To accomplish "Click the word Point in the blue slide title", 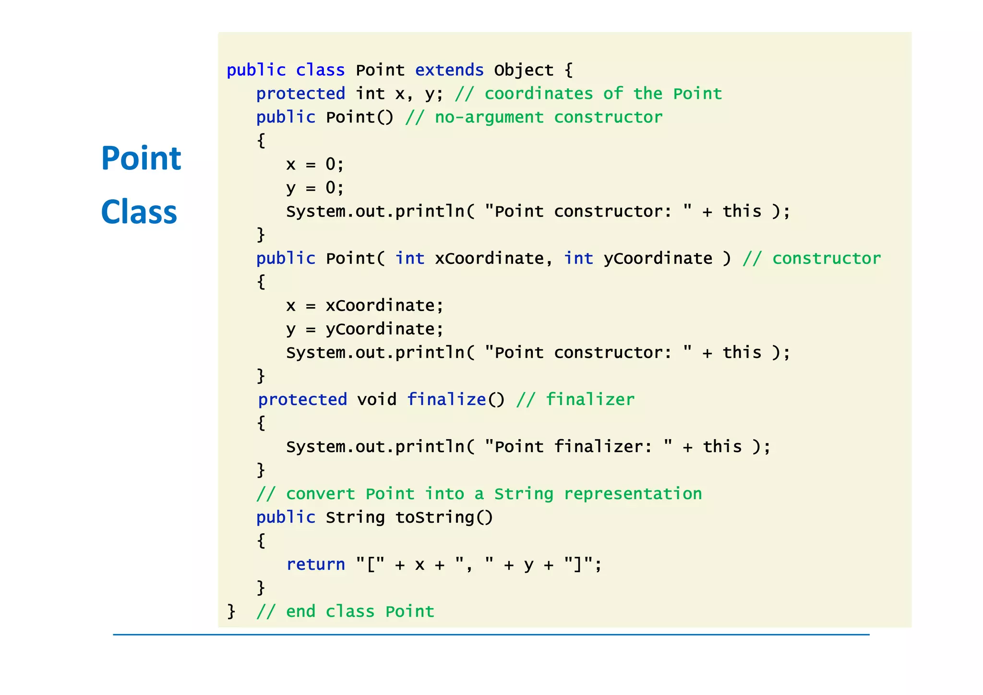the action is [x=141, y=158].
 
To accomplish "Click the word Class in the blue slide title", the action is [x=139, y=212].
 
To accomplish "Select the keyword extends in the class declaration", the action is [x=449, y=70].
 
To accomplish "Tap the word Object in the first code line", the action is [x=524, y=70].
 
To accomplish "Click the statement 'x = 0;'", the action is [x=315, y=164].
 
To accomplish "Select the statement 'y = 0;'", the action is [x=315, y=188].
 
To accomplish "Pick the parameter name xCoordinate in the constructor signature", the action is [x=489, y=258].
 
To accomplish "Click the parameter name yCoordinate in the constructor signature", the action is [x=658, y=258].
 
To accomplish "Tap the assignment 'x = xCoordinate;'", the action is [x=365, y=305].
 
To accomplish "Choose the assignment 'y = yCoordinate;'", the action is [x=365, y=329].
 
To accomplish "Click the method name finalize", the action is [x=446, y=399].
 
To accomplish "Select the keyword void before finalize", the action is [x=377, y=399].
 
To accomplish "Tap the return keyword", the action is [x=315, y=564].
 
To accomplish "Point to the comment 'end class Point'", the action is [x=345, y=611].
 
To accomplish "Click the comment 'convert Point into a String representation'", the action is [x=479, y=494].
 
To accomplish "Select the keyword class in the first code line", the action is [x=320, y=70].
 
